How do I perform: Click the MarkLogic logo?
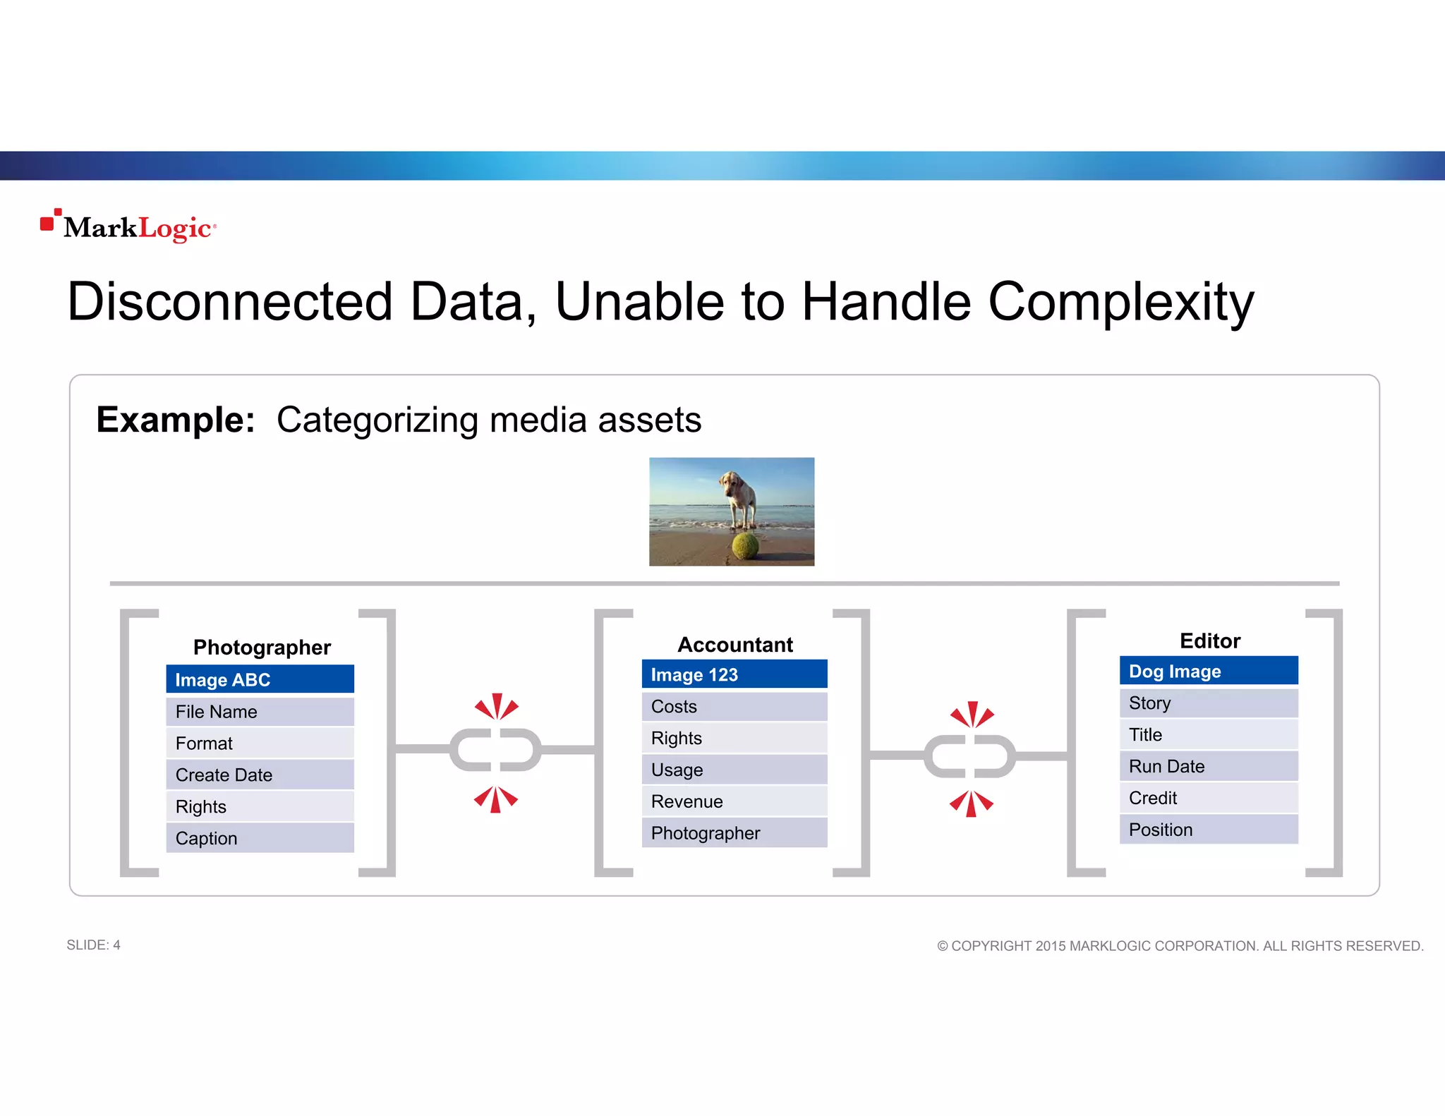click(129, 226)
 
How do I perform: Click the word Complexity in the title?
click(1120, 302)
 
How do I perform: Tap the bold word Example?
click(175, 420)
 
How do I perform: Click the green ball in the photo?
click(745, 545)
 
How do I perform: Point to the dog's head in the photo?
click(731, 484)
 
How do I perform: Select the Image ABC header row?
click(260, 679)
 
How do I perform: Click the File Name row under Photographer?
click(260, 711)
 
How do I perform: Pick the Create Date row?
click(260, 775)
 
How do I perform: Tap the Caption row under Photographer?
click(260, 838)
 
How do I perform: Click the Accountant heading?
click(734, 644)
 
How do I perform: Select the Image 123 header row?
click(734, 674)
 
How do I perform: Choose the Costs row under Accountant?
click(734, 706)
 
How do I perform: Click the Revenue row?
click(734, 801)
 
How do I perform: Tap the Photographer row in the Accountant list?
click(734, 833)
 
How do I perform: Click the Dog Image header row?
click(1208, 671)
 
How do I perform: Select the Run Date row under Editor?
click(1208, 766)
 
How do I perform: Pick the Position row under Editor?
click(1208, 830)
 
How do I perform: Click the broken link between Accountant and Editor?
click(971, 756)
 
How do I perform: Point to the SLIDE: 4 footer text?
click(93, 945)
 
